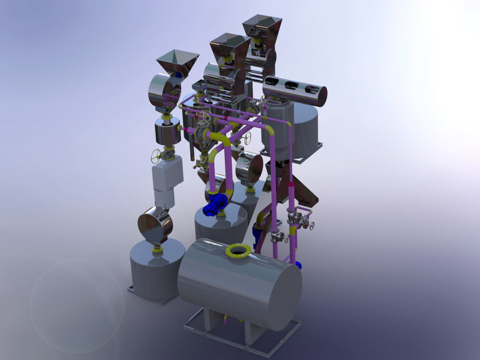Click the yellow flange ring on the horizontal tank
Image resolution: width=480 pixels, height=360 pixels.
[239, 250]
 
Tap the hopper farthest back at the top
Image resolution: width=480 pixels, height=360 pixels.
[262, 28]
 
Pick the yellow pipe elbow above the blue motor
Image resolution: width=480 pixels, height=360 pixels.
[219, 141]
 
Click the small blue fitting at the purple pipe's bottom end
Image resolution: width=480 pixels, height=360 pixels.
[298, 264]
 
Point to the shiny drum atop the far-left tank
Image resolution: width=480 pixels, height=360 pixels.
[155, 225]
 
